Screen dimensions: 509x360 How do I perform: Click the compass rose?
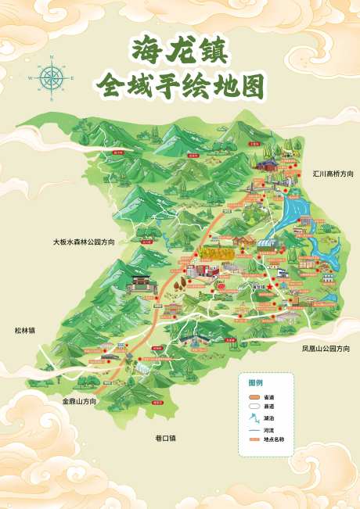51,77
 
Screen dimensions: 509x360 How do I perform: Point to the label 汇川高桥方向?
333,173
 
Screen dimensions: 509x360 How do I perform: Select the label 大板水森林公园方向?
84,242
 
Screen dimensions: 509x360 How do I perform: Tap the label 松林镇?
24,330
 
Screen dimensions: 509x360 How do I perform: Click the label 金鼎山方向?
80,401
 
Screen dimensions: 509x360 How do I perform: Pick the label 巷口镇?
165,438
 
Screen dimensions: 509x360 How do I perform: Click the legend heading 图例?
256,382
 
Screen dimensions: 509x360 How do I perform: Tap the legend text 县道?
268,407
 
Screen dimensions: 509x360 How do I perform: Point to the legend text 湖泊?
268,418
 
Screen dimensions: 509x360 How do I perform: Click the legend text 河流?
268,430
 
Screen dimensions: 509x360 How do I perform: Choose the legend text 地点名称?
273,439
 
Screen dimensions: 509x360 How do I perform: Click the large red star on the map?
268,288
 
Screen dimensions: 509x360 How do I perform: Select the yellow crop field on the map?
215,253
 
